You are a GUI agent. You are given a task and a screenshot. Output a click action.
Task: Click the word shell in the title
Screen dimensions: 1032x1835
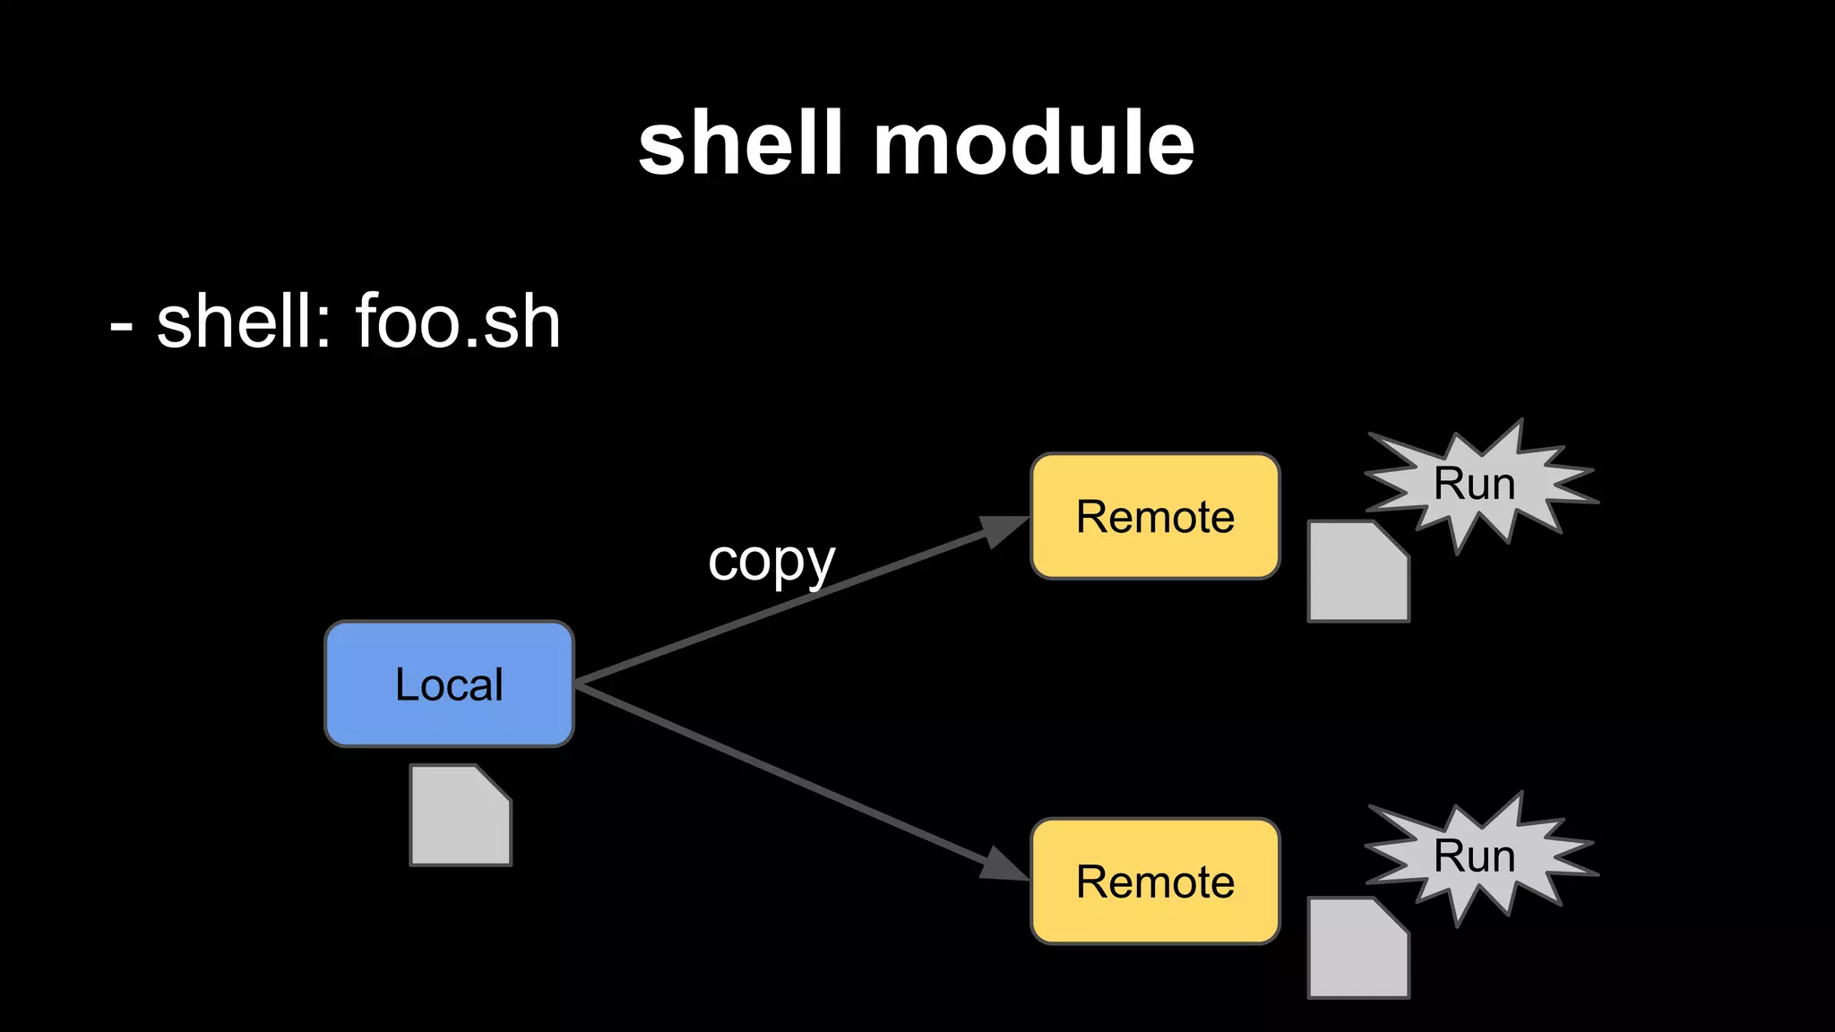(x=740, y=143)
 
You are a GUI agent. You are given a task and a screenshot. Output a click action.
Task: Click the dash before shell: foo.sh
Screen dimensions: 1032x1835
(x=121, y=327)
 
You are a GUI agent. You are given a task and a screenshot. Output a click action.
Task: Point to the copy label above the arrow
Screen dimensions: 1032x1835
(x=771, y=562)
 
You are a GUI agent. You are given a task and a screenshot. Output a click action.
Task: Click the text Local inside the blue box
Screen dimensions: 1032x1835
(x=449, y=684)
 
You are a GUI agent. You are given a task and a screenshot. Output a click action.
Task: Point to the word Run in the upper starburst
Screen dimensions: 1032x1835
(x=1474, y=484)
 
